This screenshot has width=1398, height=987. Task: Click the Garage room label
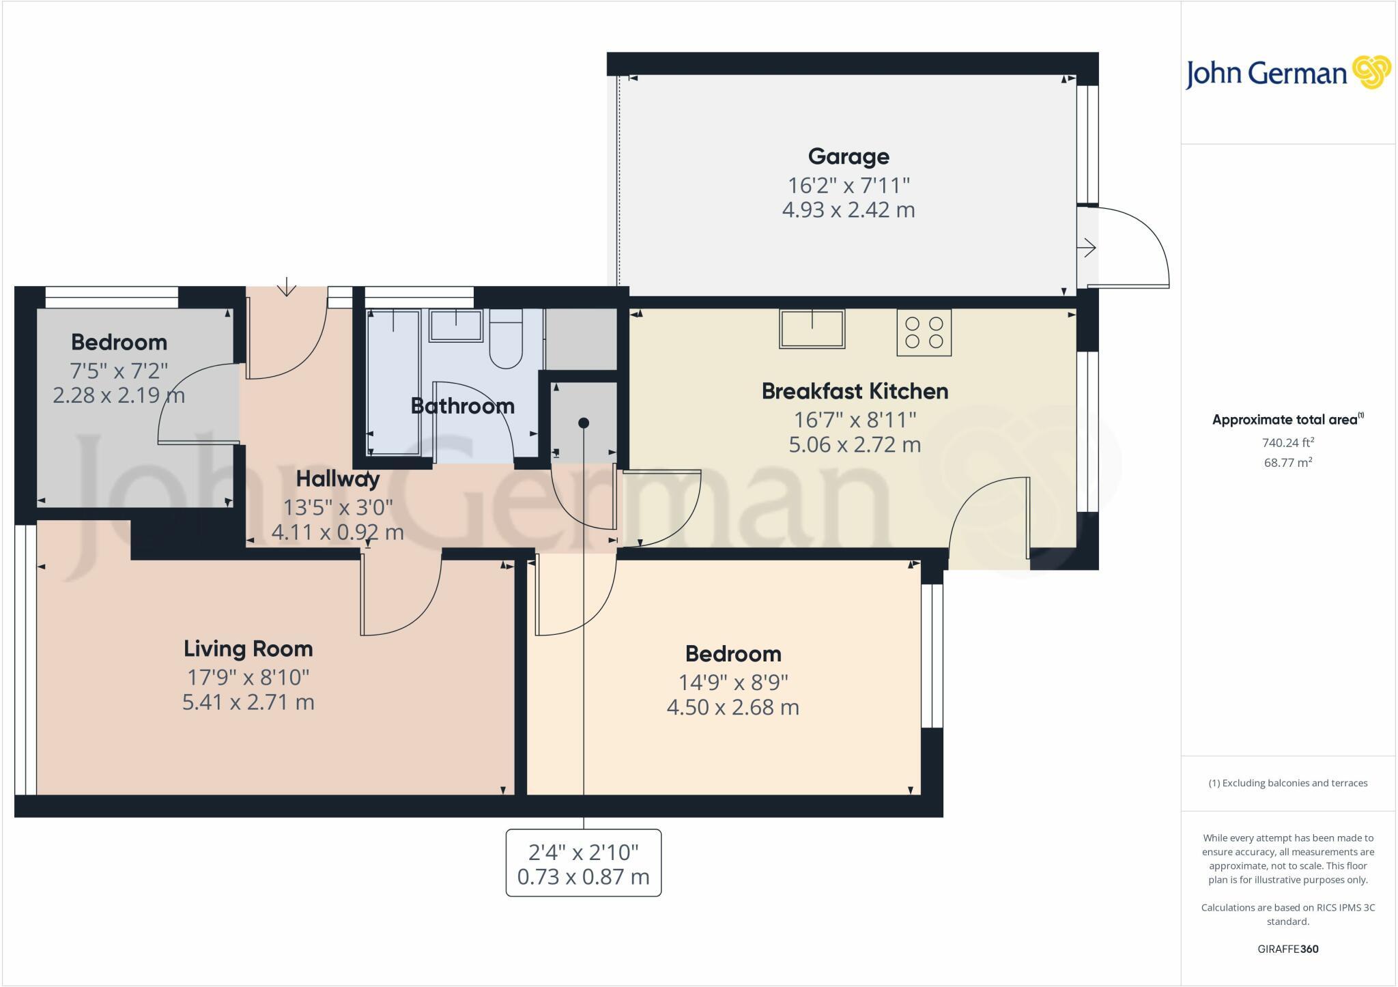848,156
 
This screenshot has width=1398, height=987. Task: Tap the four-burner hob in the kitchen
924,332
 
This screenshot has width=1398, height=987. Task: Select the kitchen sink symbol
812,329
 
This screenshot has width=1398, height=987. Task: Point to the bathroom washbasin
455,325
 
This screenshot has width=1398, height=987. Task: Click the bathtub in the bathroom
394,382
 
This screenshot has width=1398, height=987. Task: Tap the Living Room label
248,648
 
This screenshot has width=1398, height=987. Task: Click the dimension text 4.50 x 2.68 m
732,707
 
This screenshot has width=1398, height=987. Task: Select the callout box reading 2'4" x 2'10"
583,863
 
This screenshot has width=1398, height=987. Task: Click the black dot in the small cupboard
584,423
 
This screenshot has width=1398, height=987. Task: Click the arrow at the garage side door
1087,248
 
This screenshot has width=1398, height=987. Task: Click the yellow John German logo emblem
1371,72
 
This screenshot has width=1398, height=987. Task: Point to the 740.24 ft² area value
1288,442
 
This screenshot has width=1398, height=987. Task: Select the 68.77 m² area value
1288,462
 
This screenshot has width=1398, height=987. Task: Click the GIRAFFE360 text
1288,949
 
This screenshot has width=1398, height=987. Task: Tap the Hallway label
337,479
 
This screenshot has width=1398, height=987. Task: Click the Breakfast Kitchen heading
855,391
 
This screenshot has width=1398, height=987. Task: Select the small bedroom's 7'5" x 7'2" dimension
119,371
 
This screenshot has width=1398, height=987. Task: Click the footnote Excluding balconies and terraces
1288,783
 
